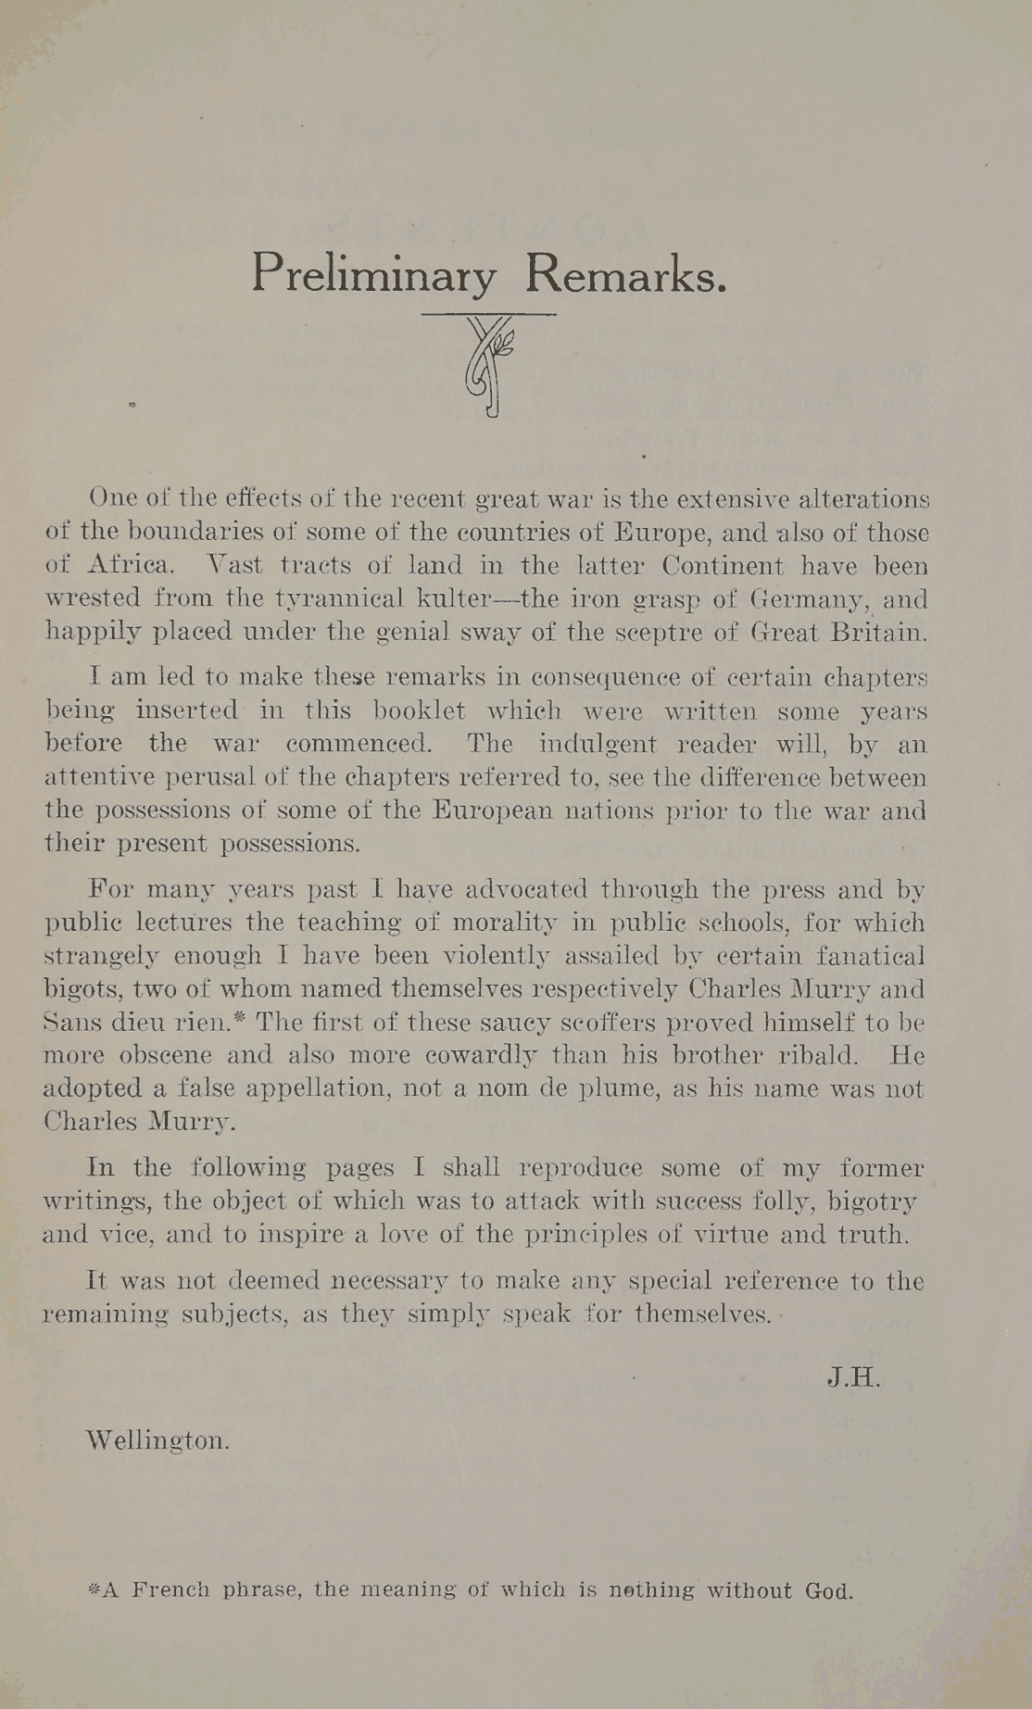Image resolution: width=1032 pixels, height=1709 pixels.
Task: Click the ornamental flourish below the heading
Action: (488, 367)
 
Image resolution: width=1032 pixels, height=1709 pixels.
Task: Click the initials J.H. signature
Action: (852, 1377)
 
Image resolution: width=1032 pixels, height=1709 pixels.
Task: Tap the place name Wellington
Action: (157, 1440)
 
